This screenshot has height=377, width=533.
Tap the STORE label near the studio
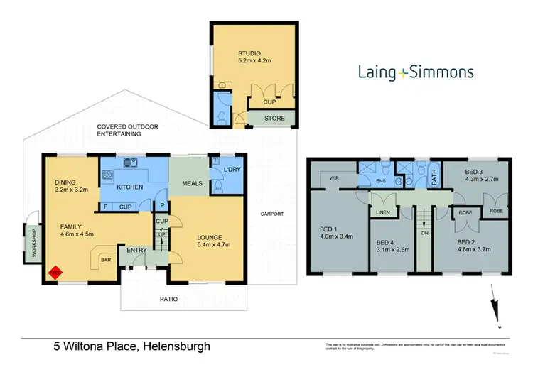tap(275, 118)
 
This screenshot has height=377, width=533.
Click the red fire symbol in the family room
tap(53, 271)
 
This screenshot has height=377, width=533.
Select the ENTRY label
tap(136, 250)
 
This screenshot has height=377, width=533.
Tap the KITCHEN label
tap(131, 187)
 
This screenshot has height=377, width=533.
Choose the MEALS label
tap(193, 183)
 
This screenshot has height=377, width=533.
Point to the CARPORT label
tap(271, 214)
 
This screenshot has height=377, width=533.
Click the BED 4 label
tap(386, 242)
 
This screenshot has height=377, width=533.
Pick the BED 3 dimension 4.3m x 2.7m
tap(476, 180)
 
